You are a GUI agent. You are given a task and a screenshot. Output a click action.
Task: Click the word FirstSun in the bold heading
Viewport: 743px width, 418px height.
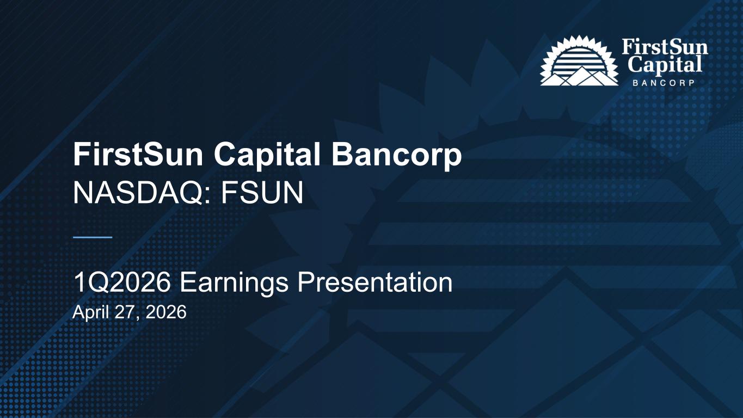click(x=138, y=154)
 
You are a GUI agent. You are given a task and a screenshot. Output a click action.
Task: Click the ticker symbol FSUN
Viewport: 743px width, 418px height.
click(x=262, y=193)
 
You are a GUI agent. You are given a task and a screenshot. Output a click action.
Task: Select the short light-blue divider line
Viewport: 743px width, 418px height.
click(x=93, y=237)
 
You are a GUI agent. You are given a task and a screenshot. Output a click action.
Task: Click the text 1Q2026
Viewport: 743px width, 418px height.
click(x=122, y=282)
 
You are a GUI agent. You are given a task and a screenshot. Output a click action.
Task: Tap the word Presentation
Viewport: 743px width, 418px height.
click(x=375, y=282)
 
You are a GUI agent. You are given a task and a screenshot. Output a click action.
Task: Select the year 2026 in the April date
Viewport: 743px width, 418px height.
click(x=166, y=312)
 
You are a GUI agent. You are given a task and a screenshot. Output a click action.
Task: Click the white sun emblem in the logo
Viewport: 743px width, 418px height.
click(x=579, y=60)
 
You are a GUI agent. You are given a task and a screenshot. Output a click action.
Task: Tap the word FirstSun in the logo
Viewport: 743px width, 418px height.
click(x=665, y=47)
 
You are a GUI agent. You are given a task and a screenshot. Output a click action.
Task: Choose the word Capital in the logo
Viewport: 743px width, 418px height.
click(x=665, y=65)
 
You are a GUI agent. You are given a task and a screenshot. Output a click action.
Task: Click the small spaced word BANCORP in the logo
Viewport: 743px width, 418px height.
click(x=664, y=83)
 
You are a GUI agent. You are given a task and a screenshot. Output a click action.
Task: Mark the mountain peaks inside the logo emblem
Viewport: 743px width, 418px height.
click(x=579, y=76)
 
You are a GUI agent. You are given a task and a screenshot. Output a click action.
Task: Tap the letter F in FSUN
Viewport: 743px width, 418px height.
click(x=229, y=193)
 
